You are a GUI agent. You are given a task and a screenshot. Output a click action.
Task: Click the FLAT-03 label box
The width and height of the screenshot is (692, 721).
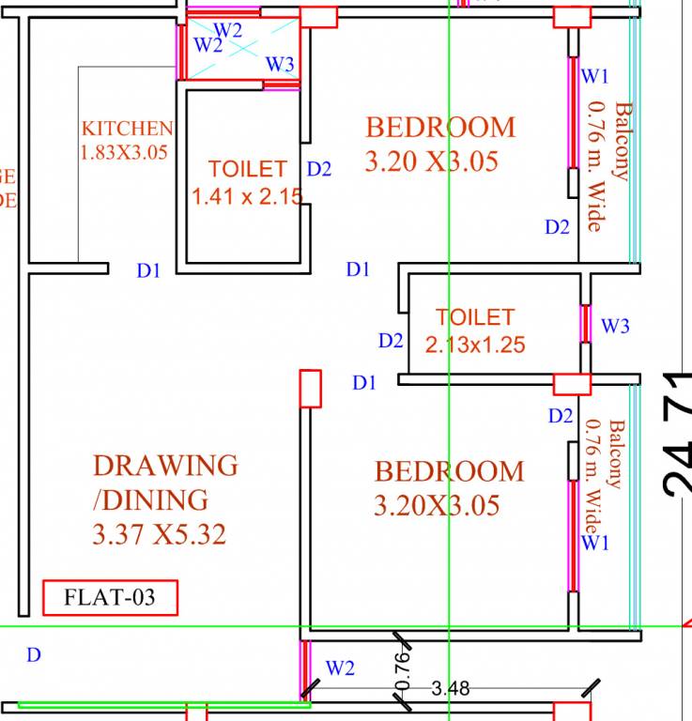(x=110, y=597)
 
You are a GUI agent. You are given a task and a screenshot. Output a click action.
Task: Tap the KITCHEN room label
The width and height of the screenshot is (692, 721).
(x=127, y=129)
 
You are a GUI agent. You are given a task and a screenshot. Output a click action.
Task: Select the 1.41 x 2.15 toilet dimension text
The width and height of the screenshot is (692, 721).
(x=248, y=197)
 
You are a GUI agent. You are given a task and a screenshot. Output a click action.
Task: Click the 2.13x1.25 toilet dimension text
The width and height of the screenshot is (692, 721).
(x=475, y=345)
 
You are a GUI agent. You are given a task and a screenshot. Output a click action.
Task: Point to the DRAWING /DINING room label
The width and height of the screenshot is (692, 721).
(x=164, y=482)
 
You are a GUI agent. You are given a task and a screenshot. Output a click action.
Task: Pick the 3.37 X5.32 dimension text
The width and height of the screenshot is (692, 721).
(x=160, y=534)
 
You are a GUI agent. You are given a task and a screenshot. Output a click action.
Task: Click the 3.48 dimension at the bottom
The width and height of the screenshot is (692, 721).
(x=451, y=688)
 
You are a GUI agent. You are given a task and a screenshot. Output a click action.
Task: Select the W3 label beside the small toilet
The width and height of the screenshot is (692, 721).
(x=615, y=327)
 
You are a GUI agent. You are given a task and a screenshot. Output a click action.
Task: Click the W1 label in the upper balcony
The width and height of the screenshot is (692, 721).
(x=596, y=75)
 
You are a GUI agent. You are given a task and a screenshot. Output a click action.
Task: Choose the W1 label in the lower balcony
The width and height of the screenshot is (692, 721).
(x=594, y=543)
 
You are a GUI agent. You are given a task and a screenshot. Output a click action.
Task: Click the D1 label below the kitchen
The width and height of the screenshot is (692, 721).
(x=148, y=271)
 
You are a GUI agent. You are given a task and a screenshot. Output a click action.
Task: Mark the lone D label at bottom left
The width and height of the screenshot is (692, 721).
(x=34, y=655)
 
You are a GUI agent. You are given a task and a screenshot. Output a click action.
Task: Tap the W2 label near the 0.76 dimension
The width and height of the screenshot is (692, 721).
(x=340, y=668)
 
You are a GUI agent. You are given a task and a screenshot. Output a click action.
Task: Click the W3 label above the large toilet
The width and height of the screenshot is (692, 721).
(x=280, y=64)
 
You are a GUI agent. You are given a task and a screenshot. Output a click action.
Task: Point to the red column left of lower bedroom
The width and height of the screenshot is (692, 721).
(x=310, y=389)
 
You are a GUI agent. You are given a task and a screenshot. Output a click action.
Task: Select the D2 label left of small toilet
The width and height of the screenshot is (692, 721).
(x=392, y=341)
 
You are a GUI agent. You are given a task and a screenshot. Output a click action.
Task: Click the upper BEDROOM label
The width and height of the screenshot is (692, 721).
(x=440, y=127)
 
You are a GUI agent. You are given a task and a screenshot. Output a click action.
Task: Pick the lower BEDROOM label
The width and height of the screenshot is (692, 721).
(x=449, y=471)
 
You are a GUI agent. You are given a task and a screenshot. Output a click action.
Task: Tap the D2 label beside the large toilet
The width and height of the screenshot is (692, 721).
(x=319, y=169)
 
